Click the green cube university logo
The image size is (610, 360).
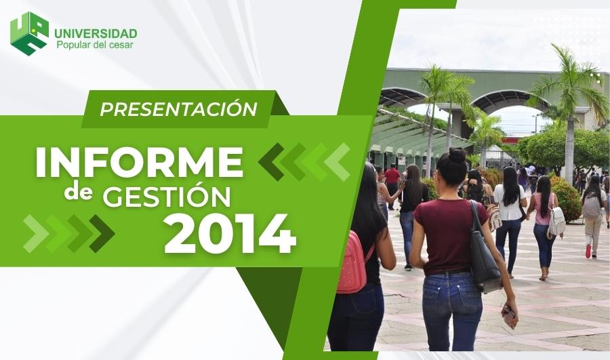pyautogui.click(x=30, y=33)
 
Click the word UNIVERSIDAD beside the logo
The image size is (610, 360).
pyautogui.click(x=96, y=33)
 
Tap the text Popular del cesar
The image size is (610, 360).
pyautogui.click(x=95, y=45)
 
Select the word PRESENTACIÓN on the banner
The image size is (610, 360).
pyautogui.click(x=178, y=108)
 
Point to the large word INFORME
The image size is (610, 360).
pyautogui.click(x=139, y=162)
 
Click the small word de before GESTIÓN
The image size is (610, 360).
pyautogui.click(x=78, y=193)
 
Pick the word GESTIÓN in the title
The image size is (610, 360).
pyautogui.click(x=167, y=196)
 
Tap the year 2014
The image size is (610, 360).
pyautogui.click(x=230, y=233)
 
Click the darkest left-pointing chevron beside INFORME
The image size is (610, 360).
pyautogui.click(x=271, y=162)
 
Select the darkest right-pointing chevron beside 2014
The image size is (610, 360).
pyautogui.click(x=102, y=233)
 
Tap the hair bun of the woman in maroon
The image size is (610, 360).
pyautogui.click(x=457, y=155)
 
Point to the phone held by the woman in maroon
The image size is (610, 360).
pyautogui.click(x=508, y=315)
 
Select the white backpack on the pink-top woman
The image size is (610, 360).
pyautogui.click(x=556, y=222)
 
